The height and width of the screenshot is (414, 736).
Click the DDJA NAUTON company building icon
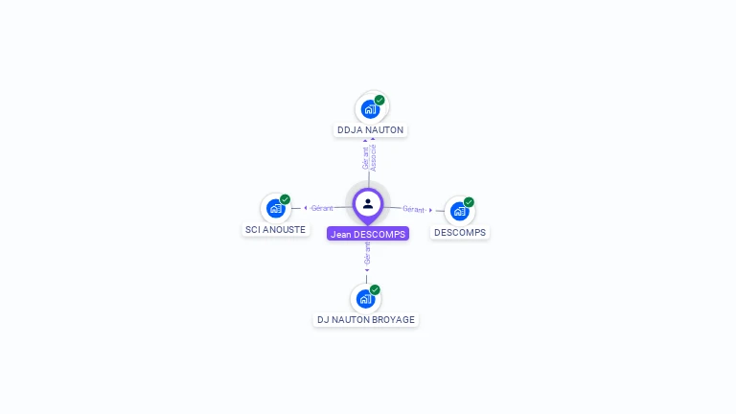(371, 109)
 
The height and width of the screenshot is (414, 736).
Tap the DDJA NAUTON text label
(370, 130)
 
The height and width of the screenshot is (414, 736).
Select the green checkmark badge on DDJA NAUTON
(379, 100)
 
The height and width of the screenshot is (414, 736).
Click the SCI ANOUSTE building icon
(276, 208)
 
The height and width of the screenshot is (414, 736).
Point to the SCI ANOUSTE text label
(276, 230)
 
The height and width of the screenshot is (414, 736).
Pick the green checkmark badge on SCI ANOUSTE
(285, 199)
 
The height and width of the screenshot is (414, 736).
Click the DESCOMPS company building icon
(460, 211)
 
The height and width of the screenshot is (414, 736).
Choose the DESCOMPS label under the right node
(460, 233)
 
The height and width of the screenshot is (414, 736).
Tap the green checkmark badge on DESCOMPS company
(469, 202)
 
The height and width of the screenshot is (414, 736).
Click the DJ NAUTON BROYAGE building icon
(365, 299)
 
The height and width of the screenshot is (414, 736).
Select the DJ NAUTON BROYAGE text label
(366, 320)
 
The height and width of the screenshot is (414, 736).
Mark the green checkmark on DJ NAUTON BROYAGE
(375, 289)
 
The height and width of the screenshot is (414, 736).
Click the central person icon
(368, 203)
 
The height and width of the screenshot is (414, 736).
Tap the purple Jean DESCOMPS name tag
(368, 234)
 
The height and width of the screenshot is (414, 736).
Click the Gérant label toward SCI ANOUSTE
(322, 208)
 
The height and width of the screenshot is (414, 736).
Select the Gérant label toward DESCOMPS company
(413, 209)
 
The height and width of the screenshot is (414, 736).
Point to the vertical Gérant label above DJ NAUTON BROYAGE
(367, 253)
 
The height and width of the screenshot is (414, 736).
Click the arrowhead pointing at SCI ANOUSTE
(305, 208)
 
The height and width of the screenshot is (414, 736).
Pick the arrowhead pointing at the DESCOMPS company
(430, 210)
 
